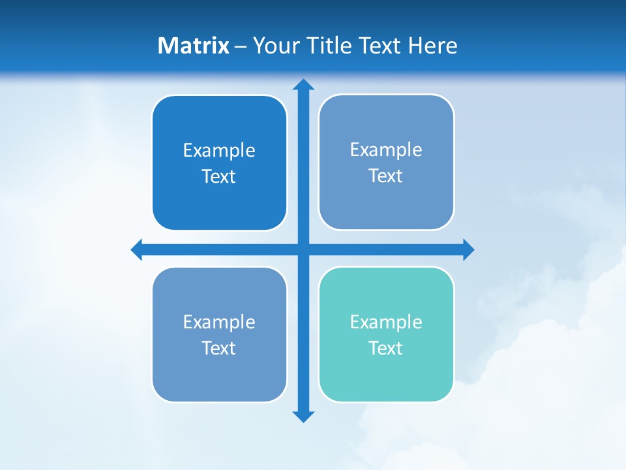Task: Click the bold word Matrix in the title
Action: [194, 46]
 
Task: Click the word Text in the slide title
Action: [380, 46]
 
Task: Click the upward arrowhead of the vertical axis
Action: [303, 84]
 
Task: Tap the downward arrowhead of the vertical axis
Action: [303, 416]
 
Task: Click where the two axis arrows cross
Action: [303, 249]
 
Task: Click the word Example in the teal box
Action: [386, 322]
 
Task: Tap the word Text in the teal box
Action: [386, 348]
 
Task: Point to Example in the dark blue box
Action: [219, 150]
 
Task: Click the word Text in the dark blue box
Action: [219, 176]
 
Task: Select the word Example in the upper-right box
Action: [386, 149]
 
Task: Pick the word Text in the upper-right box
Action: [386, 176]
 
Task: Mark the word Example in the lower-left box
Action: [219, 322]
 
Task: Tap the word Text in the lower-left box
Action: [219, 348]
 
